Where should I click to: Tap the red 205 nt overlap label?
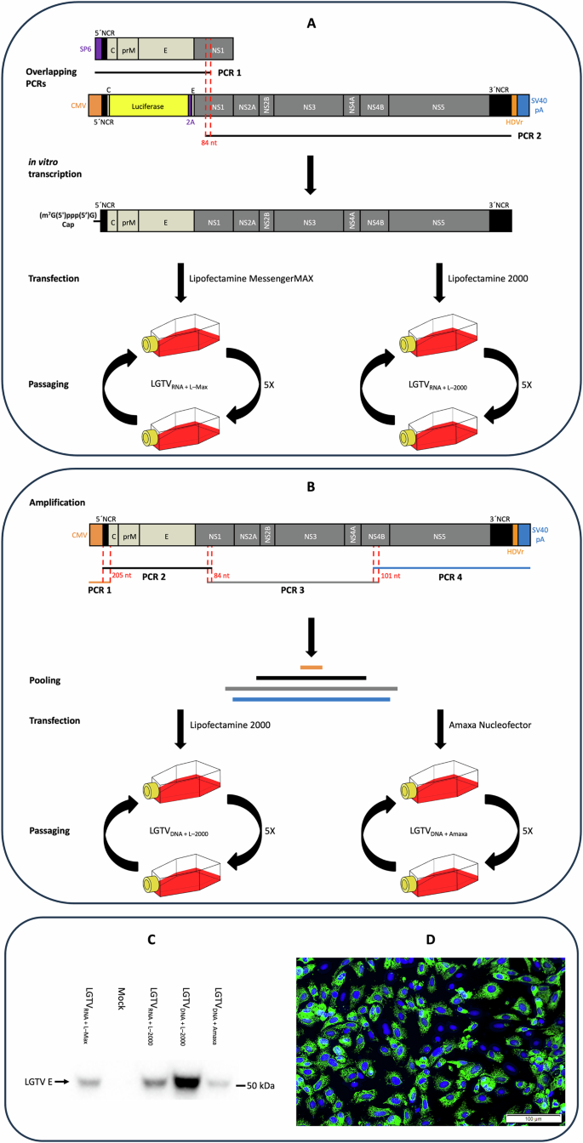(122, 575)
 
